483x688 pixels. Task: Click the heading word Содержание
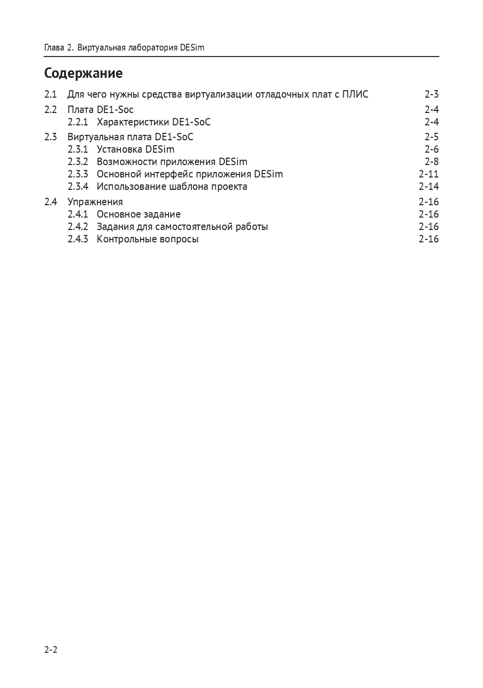click(x=83, y=73)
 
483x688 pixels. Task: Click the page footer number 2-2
click(x=51, y=650)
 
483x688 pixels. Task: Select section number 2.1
click(x=50, y=94)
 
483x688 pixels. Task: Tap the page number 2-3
click(x=431, y=94)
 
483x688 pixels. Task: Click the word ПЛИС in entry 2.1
click(x=355, y=94)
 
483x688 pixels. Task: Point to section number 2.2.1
click(x=77, y=122)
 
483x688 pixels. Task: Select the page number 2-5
click(x=431, y=137)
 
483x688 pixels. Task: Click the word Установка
click(x=120, y=149)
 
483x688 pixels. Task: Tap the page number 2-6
click(x=431, y=149)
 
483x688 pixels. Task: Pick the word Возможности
click(x=126, y=162)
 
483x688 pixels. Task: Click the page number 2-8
click(x=431, y=162)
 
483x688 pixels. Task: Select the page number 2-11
click(x=428, y=174)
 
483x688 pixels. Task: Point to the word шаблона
click(x=188, y=187)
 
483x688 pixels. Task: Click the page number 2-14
click(x=428, y=187)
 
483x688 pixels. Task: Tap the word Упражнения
click(x=95, y=202)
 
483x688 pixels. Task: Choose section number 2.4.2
click(x=77, y=227)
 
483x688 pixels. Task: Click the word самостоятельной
click(x=194, y=227)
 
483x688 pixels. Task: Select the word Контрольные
click(x=126, y=239)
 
